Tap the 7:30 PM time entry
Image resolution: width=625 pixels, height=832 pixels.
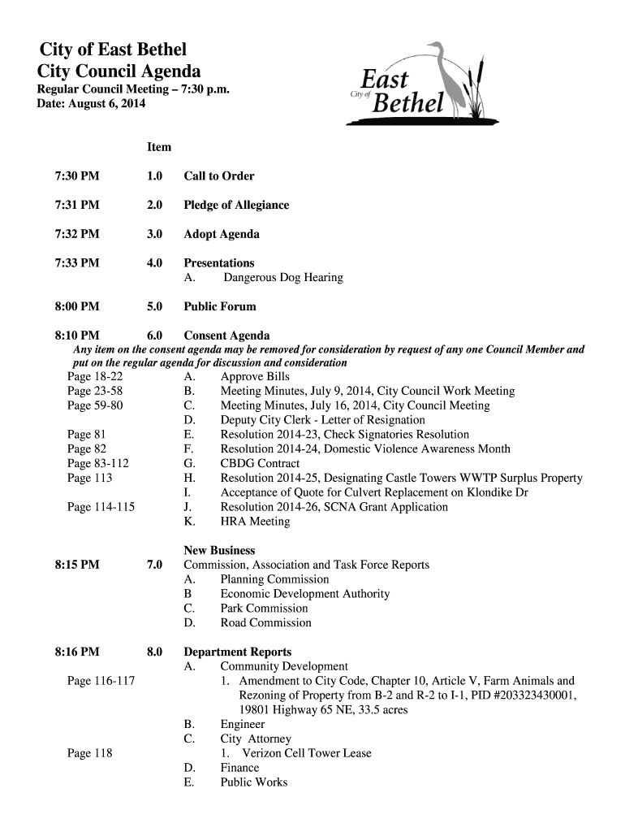click(76, 176)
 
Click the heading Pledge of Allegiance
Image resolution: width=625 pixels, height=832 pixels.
click(236, 206)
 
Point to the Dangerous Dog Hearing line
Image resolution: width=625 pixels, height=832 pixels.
click(283, 278)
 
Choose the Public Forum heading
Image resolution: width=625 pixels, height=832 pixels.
click(220, 307)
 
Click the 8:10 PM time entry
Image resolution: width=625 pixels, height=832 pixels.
click(76, 336)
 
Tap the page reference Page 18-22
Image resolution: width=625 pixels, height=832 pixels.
click(95, 377)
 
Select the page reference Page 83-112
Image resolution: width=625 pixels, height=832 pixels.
click(98, 464)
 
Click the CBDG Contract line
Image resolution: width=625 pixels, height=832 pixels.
click(260, 464)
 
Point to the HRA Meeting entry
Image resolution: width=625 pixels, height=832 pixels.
click(255, 522)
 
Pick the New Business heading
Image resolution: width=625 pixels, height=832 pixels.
click(219, 551)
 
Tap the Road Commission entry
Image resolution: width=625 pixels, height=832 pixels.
click(265, 623)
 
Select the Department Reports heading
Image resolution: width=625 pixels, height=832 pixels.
click(238, 652)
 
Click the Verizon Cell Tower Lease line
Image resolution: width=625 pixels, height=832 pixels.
click(301, 753)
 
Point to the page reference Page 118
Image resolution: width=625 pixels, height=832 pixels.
click(89, 753)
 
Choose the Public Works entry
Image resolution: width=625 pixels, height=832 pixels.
click(254, 782)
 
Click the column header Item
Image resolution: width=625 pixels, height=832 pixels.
click(159, 147)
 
